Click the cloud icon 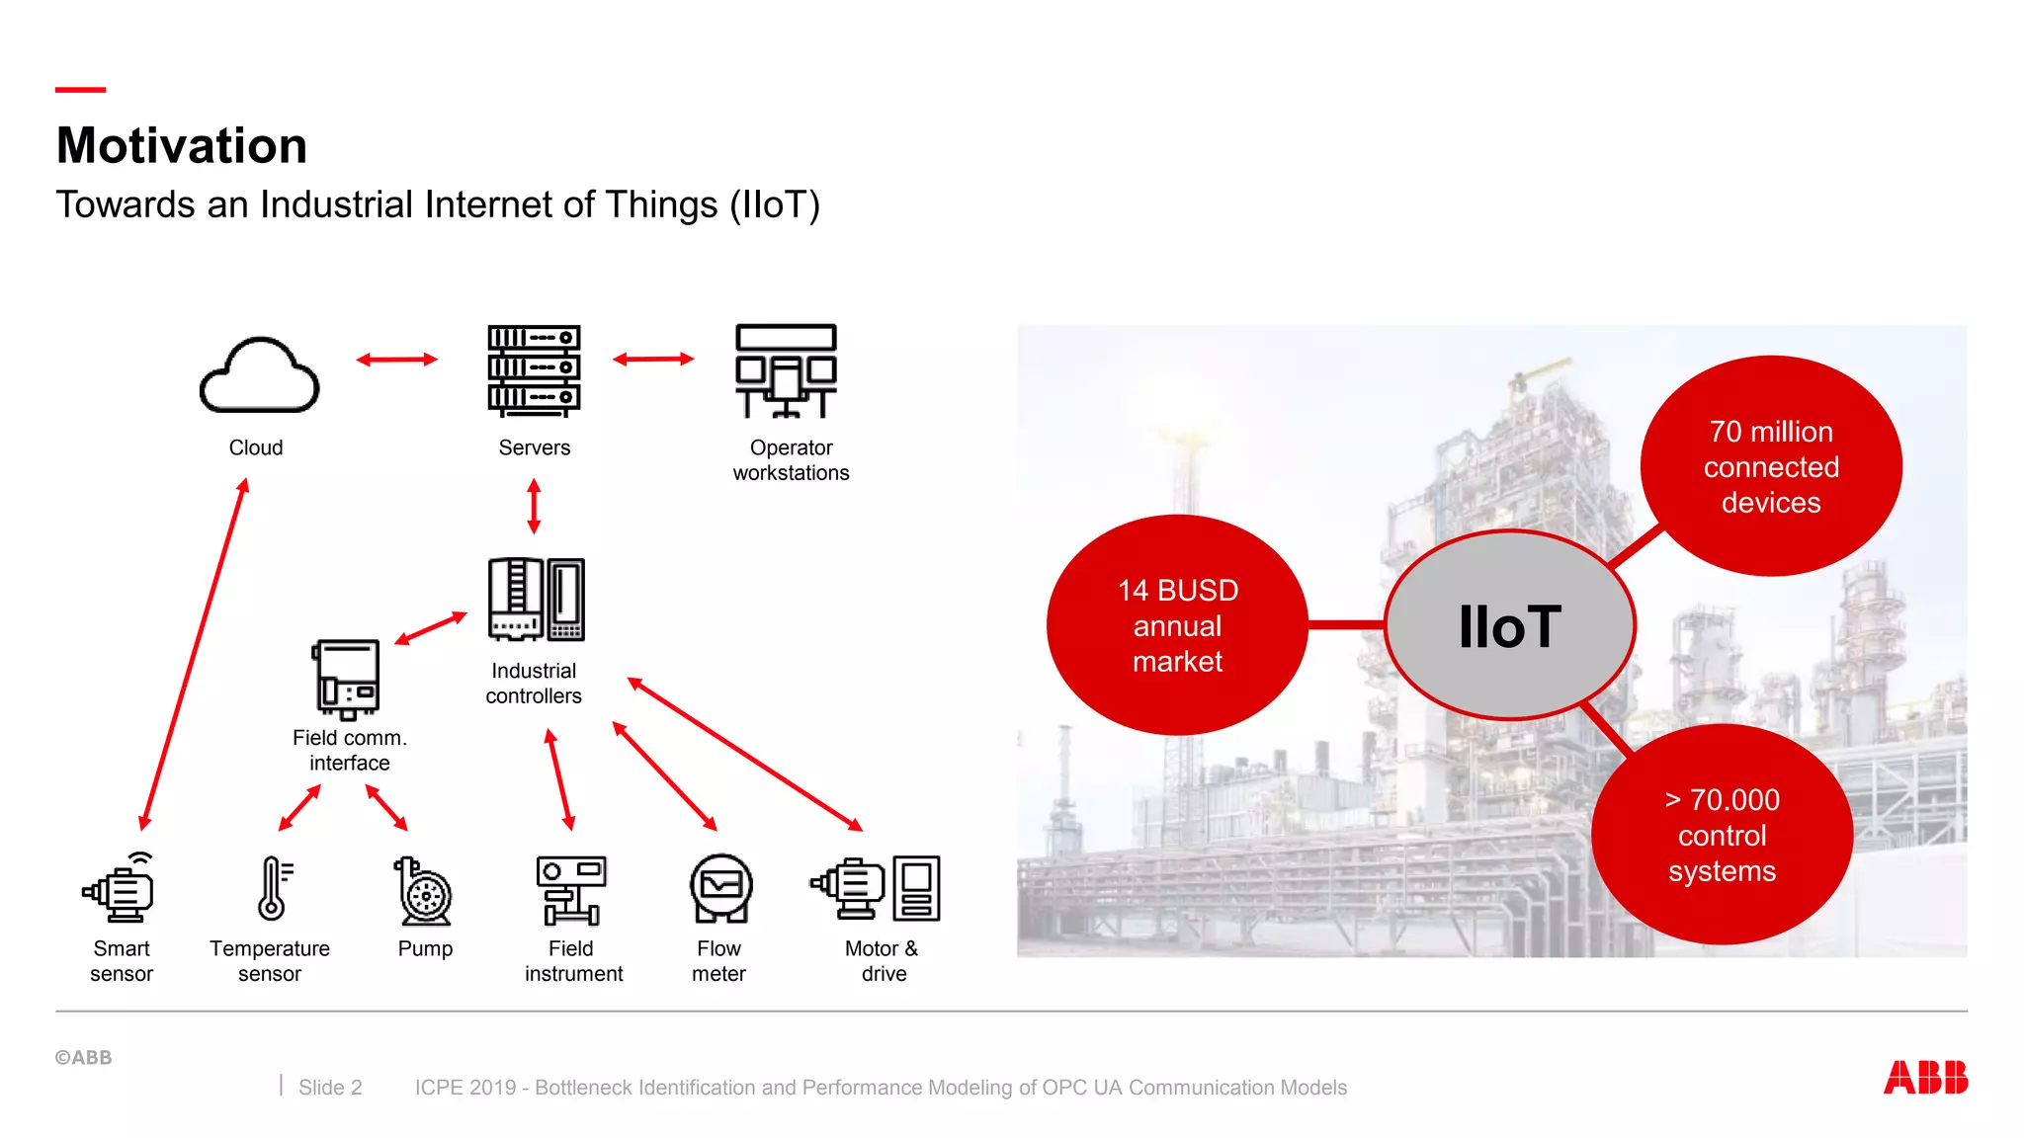(259, 375)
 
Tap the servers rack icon (534, 369)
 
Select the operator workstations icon (787, 370)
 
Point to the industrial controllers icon (537, 600)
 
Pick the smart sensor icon (120, 888)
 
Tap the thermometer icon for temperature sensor (273, 888)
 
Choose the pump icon (424, 891)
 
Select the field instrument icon (571, 890)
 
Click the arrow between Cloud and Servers (396, 360)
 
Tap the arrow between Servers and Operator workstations (653, 360)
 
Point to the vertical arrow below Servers (534, 506)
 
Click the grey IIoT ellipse (1510, 625)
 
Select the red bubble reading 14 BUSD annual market (1177, 625)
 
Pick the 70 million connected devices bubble (1771, 466)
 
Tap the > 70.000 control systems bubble (1722, 835)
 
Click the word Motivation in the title (182, 146)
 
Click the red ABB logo (1925, 1077)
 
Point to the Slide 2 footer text (330, 1088)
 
